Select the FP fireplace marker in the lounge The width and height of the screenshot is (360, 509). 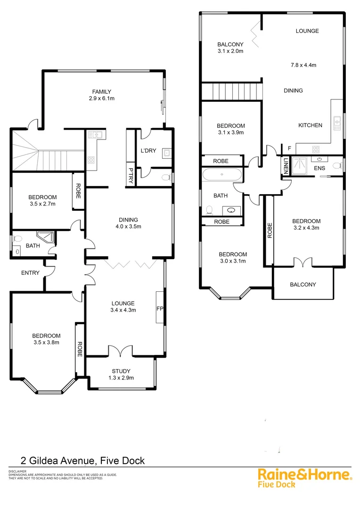[x=159, y=309]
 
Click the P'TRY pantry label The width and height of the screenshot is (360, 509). [x=131, y=174]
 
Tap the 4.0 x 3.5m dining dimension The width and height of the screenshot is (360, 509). [x=128, y=227]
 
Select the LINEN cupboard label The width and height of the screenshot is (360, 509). [x=286, y=166]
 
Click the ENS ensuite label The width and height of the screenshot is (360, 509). [x=319, y=168]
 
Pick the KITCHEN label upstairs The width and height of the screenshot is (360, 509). [x=310, y=125]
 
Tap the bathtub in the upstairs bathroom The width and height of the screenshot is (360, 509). [x=222, y=176]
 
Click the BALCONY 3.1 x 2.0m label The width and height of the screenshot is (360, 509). [x=230, y=48]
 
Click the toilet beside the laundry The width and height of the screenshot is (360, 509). [x=164, y=178]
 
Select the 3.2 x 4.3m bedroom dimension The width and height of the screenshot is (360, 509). [x=306, y=228]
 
